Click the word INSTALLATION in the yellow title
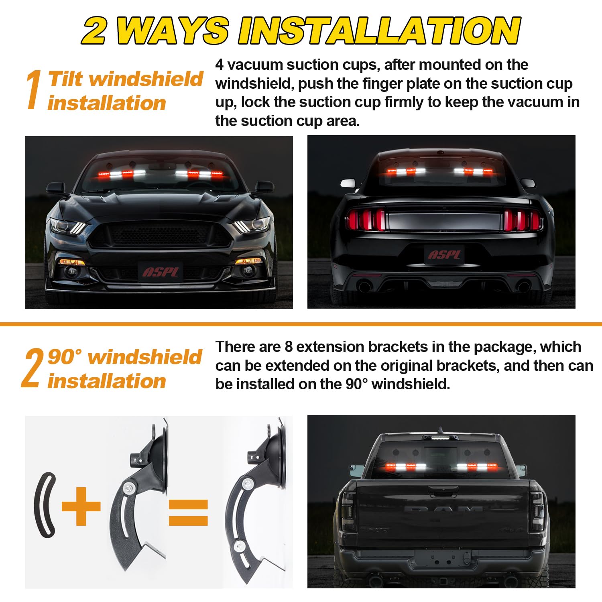tap(379, 31)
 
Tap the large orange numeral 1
tap(34, 89)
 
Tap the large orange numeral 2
tap(32, 368)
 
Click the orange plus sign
tap(81, 506)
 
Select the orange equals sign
tap(188, 513)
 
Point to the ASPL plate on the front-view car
tap(161, 272)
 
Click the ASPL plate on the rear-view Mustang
tap(444, 254)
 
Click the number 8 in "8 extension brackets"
tap(289, 347)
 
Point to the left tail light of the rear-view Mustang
tap(365, 220)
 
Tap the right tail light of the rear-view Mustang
tap(523, 220)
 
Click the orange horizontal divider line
tap(301, 324)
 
